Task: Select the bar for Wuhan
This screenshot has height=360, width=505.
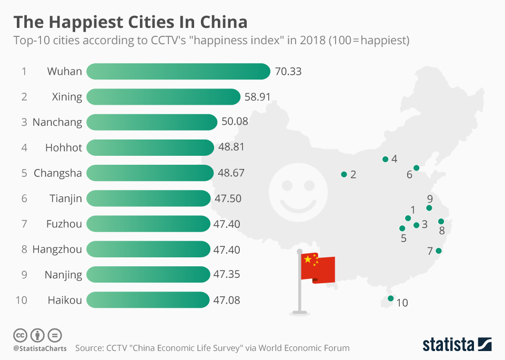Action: tap(178, 72)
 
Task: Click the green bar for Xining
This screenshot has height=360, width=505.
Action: tap(163, 97)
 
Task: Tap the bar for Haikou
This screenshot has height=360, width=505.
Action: tap(148, 300)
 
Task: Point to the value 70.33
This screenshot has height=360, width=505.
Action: tap(288, 72)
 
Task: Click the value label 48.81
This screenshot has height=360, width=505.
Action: tap(231, 147)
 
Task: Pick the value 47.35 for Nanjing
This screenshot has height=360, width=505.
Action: tap(227, 275)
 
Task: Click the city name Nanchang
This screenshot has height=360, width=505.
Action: tap(57, 122)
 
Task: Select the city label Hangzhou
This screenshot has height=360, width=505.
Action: tap(57, 249)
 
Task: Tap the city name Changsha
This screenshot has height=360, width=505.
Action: tap(58, 173)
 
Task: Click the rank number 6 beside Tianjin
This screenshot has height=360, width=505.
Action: tap(24, 198)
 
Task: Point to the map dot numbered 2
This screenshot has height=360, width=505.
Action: tap(344, 174)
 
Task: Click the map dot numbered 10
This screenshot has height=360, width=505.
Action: tap(390, 298)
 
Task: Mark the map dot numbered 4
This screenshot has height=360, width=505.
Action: tap(385, 159)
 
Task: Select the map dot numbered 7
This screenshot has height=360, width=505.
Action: tap(439, 251)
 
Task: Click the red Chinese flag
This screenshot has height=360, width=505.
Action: tap(317, 268)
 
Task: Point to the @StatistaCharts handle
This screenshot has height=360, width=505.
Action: tap(40, 348)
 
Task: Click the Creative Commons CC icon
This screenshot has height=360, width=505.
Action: tap(20, 335)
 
